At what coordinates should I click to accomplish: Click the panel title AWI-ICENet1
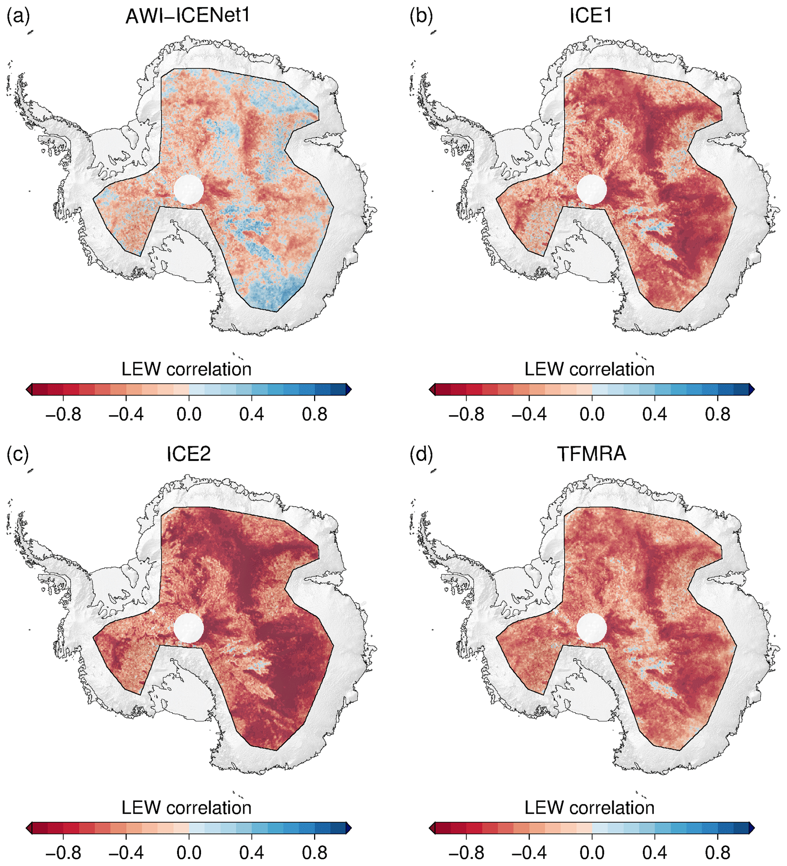[x=188, y=16]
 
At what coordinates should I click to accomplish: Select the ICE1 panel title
[x=591, y=16]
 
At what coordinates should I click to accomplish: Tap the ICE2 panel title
[x=188, y=454]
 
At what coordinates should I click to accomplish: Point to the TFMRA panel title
[x=591, y=454]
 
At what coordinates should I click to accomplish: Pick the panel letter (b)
[x=421, y=16]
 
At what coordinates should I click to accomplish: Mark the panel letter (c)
[x=18, y=455]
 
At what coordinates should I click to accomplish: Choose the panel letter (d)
[x=421, y=455]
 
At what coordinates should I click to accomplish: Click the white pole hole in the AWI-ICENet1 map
[x=188, y=189]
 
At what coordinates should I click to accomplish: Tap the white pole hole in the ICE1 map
[x=592, y=189]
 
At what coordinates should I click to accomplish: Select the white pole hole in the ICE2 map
[x=188, y=627]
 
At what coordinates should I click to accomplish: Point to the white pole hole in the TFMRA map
[x=592, y=627]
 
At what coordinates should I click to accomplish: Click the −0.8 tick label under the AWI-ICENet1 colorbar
[x=63, y=415]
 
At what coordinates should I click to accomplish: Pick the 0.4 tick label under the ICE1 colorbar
[x=655, y=415]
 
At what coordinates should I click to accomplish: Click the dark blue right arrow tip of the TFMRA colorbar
[x=754, y=828]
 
